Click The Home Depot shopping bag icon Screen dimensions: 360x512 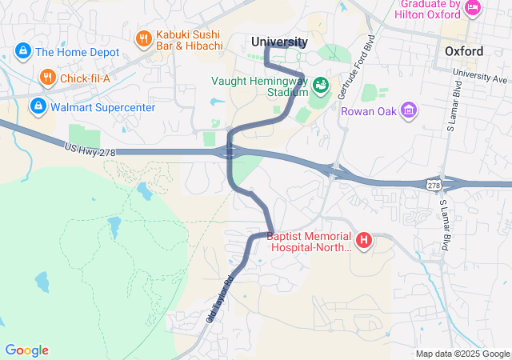pos(22,52)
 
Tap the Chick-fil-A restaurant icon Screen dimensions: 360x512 pos(48,78)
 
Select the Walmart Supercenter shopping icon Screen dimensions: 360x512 pos(38,106)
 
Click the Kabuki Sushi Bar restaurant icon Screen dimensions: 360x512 pos(144,38)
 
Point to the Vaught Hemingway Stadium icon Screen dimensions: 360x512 pos(320,85)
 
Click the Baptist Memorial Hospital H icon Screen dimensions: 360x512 pos(364,240)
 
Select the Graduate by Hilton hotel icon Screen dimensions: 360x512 pos(473,9)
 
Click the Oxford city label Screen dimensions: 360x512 pos(463,51)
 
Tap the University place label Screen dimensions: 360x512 pos(279,42)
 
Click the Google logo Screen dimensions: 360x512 pos(26,350)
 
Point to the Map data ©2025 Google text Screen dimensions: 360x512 pos(462,354)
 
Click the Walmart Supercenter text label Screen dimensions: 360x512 pos(102,106)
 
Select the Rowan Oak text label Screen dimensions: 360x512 pos(370,110)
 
